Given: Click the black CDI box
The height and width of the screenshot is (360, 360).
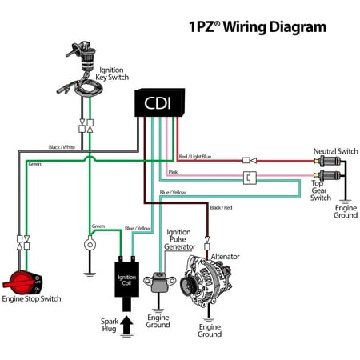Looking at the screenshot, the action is pyautogui.click(x=159, y=102).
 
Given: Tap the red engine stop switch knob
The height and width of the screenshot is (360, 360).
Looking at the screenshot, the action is pyautogui.click(x=22, y=282).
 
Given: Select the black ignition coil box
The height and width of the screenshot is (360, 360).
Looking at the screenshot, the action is pyautogui.click(x=126, y=279).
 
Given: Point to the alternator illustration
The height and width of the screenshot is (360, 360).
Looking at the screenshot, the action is pyautogui.click(x=206, y=281).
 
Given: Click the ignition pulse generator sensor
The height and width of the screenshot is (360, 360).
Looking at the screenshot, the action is pyautogui.click(x=159, y=282).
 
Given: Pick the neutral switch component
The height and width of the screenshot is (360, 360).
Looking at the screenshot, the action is pyautogui.click(x=327, y=161).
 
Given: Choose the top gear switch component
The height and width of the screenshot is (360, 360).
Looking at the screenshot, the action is pyautogui.click(x=327, y=175).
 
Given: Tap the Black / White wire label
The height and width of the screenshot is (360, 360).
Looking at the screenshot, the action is pyautogui.click(x=62, y=147).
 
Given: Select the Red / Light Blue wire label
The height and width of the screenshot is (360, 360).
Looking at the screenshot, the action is pyautogui.click(x=195, y=157).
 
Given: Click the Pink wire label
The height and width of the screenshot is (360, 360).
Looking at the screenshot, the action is pyautogui.click(x=173, y=172).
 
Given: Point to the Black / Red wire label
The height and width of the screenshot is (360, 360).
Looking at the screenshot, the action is pyautogui.click(x=221, y=207).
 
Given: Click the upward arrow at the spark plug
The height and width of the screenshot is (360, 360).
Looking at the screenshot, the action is pyautogui.click(x=126, y=324).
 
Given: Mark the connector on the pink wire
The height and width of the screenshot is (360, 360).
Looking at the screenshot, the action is pyautogui.click(x=250, y=178).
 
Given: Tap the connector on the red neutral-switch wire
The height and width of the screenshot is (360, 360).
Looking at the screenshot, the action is pyautogui.click(x=250, y=161).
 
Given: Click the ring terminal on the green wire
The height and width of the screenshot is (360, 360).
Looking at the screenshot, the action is pyautogui.click(x=90, y=244).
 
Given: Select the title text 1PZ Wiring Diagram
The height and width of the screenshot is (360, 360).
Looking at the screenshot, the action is pyautogui.click(x=258, y=27).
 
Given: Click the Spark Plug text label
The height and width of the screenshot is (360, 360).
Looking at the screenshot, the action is pyautogui.click(x=110, y=325).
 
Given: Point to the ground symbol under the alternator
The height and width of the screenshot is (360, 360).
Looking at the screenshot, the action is pyautogui.click(x=209, y=319).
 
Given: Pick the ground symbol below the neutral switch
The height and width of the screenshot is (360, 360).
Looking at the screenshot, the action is pyautogui.click(x=345, y=202).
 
